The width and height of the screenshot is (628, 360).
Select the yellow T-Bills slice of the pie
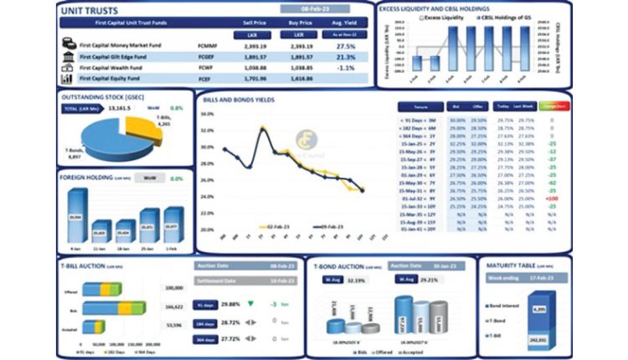tap(139, 128)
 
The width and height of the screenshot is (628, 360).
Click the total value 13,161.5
tap(120, 108)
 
